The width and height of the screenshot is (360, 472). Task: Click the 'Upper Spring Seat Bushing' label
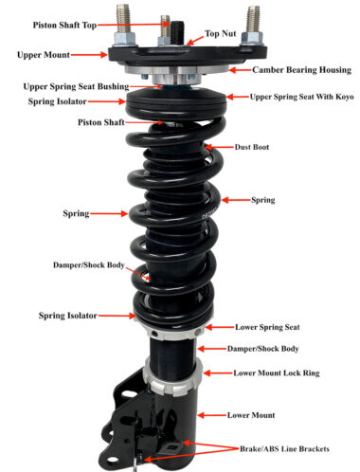click(64, 85)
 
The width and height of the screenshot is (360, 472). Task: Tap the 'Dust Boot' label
click(251, 147)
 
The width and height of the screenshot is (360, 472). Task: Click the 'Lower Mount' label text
click(251, 415)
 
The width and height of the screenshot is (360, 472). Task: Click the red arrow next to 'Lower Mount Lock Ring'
click(217, 373)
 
